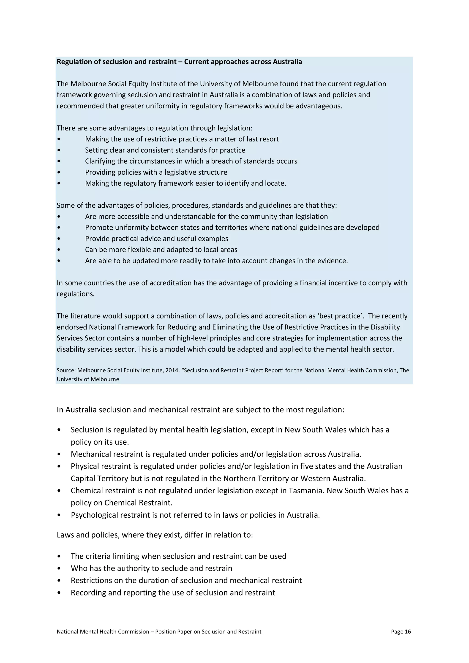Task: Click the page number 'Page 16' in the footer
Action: point(401,632)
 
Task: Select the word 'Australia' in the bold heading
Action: point(287,62)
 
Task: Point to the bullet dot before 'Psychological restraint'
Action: point(59,515)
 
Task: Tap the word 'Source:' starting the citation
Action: point(66,370)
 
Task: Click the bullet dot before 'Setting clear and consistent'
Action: point(59,150)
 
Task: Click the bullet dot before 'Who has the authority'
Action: point(59,568)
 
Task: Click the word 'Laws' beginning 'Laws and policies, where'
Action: point(65,535)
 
